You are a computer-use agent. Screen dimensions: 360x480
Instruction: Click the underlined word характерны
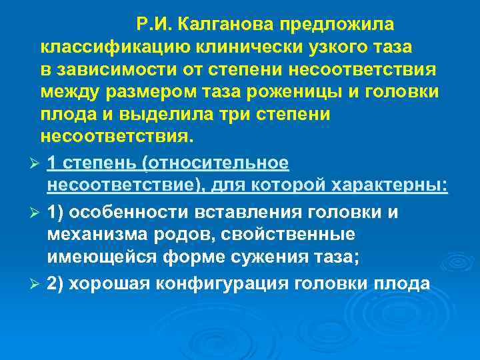387,185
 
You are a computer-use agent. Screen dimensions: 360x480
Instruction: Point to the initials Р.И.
155,25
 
